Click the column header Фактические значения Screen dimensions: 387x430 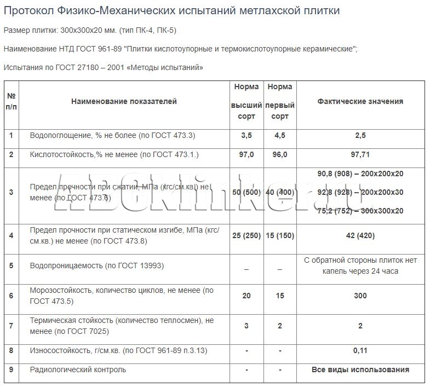click(x=360, y=101)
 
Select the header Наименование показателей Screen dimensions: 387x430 click(x=124, y=101)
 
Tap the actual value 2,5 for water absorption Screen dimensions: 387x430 click(x=360, y=135)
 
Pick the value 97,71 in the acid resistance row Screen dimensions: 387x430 click(x=360, y=155)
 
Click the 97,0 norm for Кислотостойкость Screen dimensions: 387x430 click(x=246, y=155)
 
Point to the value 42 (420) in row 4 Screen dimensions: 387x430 click(x=360, y=236)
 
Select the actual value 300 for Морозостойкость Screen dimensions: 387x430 click(x=360, y=296)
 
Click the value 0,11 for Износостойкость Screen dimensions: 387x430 click(x=360, y=350)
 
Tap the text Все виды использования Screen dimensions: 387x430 click(x=360, y=369)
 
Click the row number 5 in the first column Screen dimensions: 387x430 click(x=11, y=266)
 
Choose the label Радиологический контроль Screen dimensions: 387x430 click(x=78, y=369)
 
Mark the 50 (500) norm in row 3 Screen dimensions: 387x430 click(x=246, y=192)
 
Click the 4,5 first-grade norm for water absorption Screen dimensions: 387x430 click(x=279, y=135)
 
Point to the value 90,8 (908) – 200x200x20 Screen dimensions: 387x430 click(x=360, y=174)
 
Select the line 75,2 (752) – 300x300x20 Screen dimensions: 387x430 click(x=360, y=211)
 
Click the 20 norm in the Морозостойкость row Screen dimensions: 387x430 click(x=246, y=296)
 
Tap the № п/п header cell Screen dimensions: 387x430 click(x=11, y=101)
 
